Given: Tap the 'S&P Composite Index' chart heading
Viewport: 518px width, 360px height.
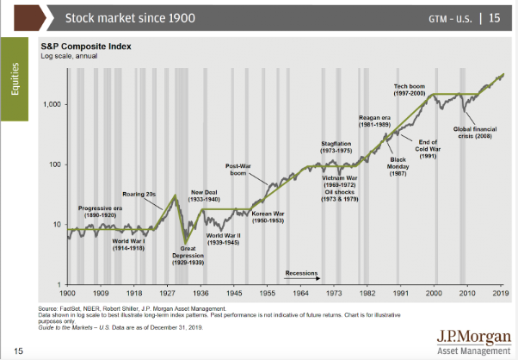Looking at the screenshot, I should pyautogui.click(x=82, y=47).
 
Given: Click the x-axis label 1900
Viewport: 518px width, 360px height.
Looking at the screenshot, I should pyautogui.click(x=69, y=293).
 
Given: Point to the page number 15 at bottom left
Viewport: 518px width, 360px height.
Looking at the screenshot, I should pyautogui.click(x=18, y=350).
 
